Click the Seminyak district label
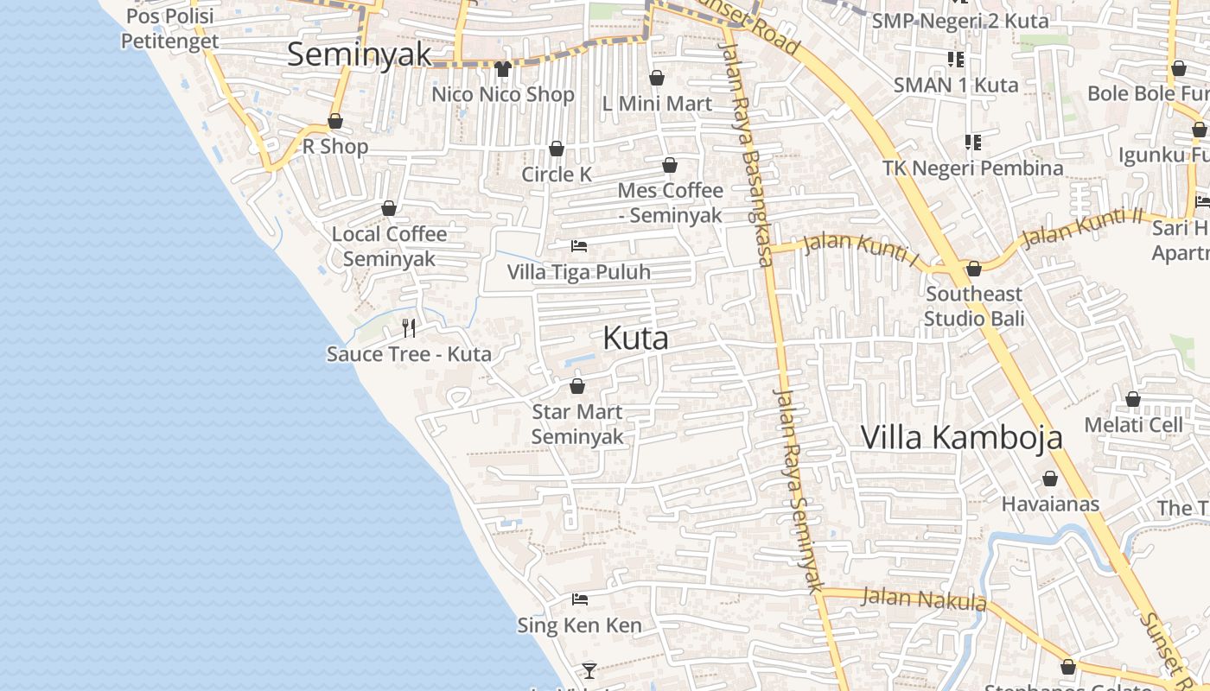tap(359, 54)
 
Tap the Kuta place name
tap(635, 338)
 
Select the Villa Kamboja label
tap(961, 438)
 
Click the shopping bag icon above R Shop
tap(335, 122)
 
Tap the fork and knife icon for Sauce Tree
tap(409, 328)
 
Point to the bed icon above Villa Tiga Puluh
tap(579, 247)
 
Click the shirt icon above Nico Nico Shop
tap(503, 69)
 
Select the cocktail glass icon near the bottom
tap(589, 670)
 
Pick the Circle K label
tap(557, 174)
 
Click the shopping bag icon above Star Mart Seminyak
tap(577, 386)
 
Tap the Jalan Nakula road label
tap(925, 599)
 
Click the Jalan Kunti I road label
tap(861, 249)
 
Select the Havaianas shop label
tap(1050, 504)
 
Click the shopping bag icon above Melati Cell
tap(1133, 399)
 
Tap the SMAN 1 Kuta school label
tap(956, 85)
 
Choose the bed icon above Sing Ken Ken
tap(580, 599)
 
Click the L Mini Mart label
tap(657, 104)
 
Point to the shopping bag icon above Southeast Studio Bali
tap(974, 269)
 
